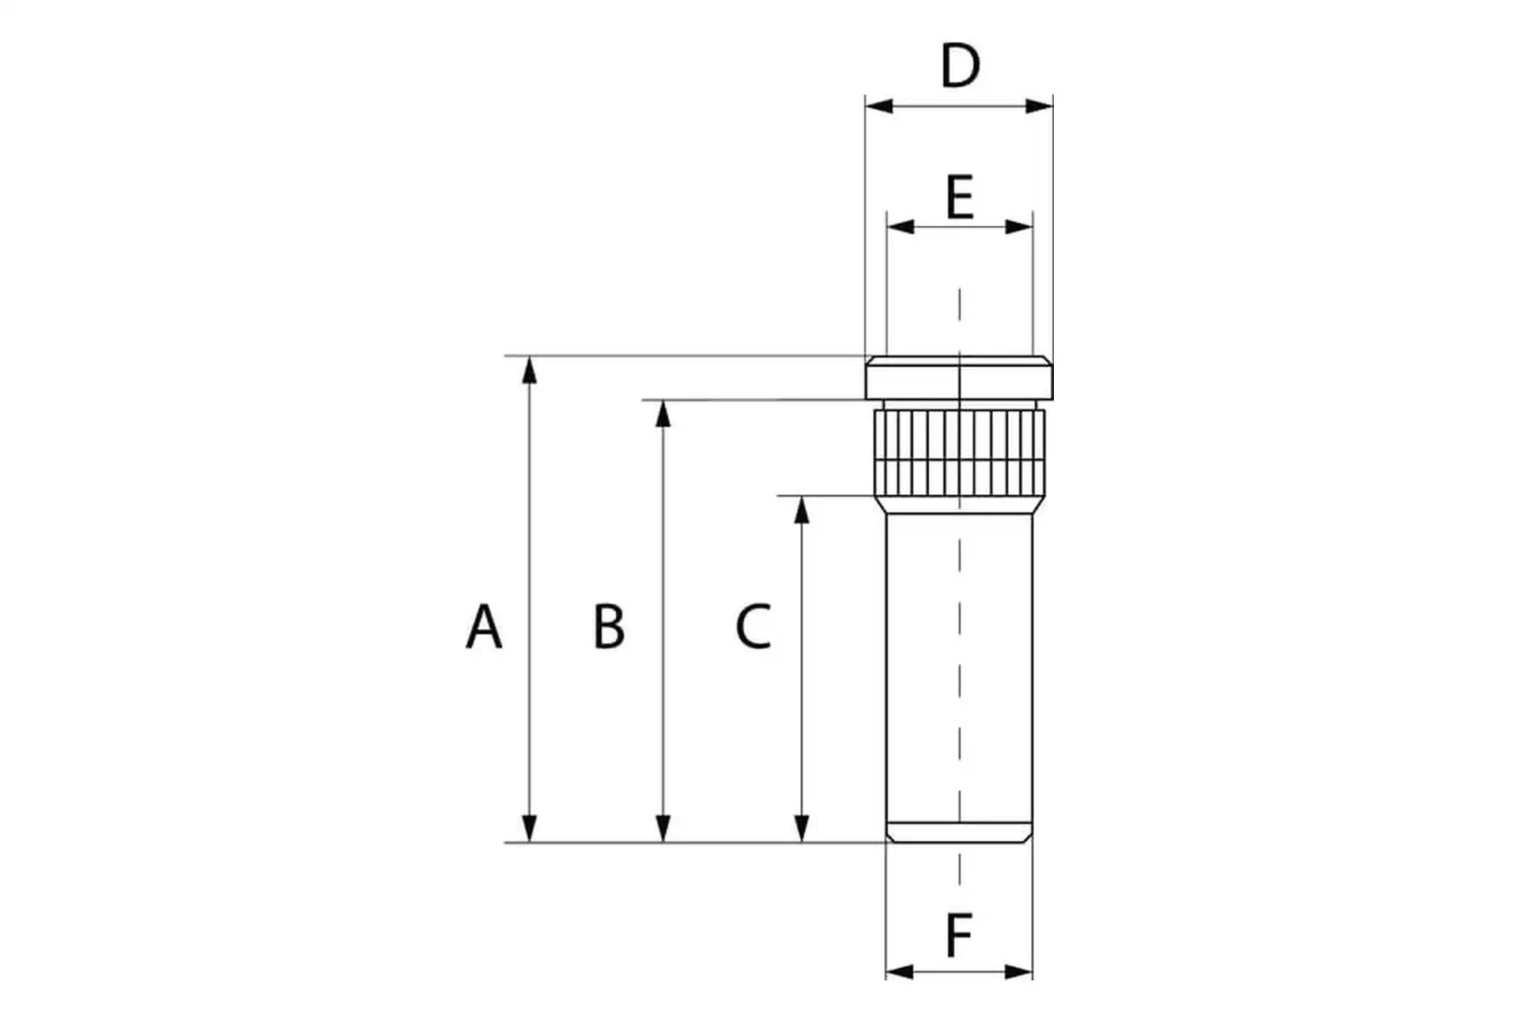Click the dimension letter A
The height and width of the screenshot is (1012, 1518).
click(x=484, y=627)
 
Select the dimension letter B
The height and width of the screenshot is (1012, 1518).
click(x=609, y=627)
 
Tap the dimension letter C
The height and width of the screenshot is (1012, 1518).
click(x=753, y=627)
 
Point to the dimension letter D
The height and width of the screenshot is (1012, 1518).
click(x=960, y=66)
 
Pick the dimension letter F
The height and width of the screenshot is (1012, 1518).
click(x=959, y=936)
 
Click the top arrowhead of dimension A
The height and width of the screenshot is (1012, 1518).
click(x=530, y=369)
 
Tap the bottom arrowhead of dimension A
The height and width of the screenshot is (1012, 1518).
click(x=530, y=829)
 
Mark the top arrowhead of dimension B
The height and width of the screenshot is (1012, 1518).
click(x=663, y=413)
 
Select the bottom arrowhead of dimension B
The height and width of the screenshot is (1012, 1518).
click(x=663, y=829)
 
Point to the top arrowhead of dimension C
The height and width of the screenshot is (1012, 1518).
click(x=802, y=509)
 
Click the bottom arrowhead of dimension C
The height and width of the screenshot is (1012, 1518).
click(x=802, y=829)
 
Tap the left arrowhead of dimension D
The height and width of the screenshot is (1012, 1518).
click(x=878, y=106)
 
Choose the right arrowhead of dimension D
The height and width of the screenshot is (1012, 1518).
click(x=1040, y=106)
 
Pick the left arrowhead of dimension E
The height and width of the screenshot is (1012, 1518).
click(x=900, y=227)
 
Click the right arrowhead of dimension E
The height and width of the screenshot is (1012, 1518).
click(x=1019, y=227)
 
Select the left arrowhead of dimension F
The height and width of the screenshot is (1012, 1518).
click(x=899, y=972)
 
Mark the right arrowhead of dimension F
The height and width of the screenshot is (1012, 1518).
click(x=1019, y=972)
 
